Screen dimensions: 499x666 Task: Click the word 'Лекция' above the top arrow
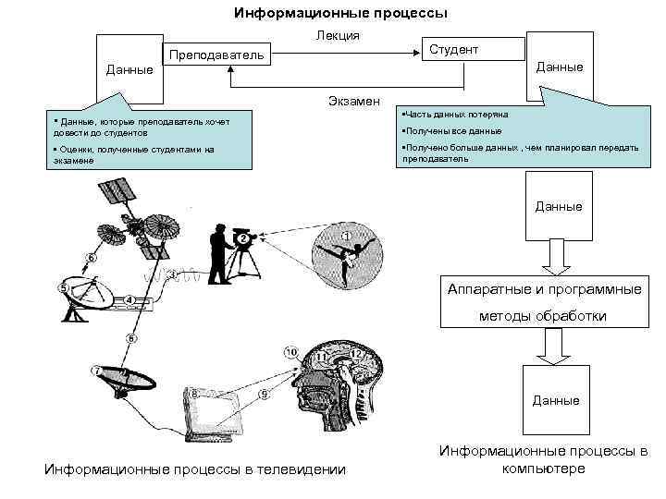pyautogui.click(x=331, y=36)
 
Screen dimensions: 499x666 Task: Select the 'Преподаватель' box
pyautogui.click(x=215, y=56)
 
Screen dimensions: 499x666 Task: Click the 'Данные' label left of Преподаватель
pyautogui.click(x=129, y=69)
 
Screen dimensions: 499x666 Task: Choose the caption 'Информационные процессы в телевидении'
pyautogui.click(x=194, y=470)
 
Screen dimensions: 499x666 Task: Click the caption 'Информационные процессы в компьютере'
pyautogui.click(x=543, y=460)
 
